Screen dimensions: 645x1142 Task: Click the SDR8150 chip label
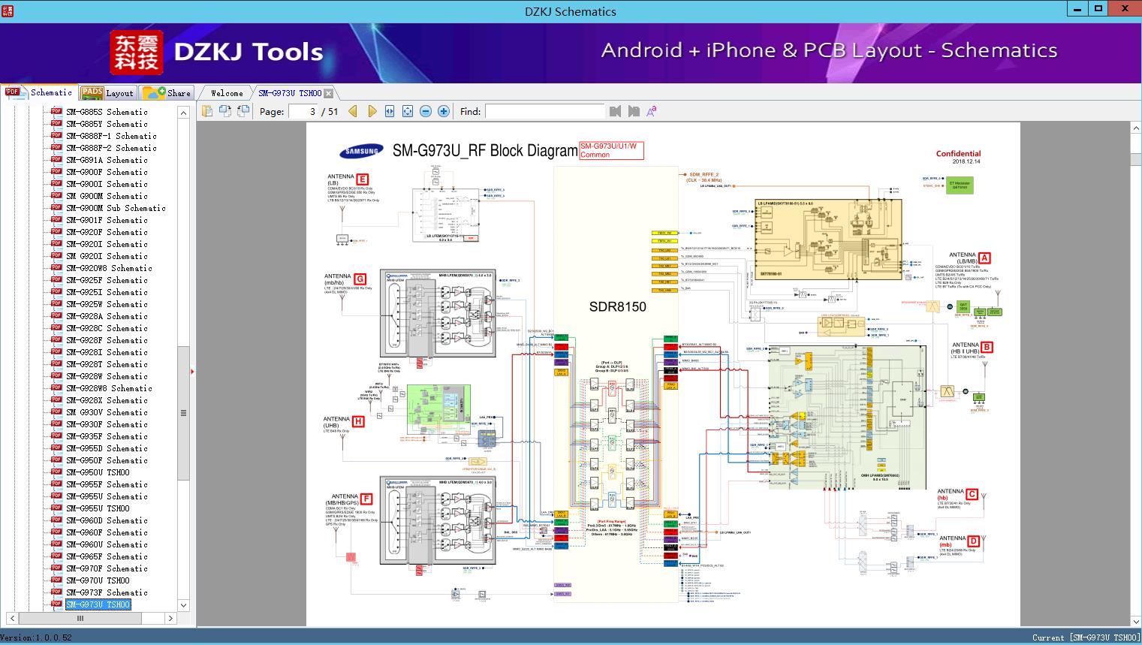tap(617, 306)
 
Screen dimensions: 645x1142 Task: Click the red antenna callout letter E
tap(363, 179)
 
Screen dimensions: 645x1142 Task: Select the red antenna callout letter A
tap(984, 258)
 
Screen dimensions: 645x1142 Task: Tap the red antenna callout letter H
tap(358, 421)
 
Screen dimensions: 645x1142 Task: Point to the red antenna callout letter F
tap(366, 499)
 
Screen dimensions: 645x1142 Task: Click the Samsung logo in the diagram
tap(362, 152)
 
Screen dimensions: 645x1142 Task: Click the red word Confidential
tap(958, 153)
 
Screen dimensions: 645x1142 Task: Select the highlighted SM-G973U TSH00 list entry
tap(98, 604)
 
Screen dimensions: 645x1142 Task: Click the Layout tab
tap(109, 93)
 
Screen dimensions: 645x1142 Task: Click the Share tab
tap(168, 93)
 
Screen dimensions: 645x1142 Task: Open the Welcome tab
tap(227, 93)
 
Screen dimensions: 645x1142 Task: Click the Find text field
tap(544, 111)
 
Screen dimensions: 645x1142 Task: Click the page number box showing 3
tap(304, 111)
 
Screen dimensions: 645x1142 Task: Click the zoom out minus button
tap(426, 111)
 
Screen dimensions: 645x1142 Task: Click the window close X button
tap(1125, 9)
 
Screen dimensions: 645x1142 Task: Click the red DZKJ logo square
tap(137, 53)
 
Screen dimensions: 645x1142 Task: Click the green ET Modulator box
tap(960, 185)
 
